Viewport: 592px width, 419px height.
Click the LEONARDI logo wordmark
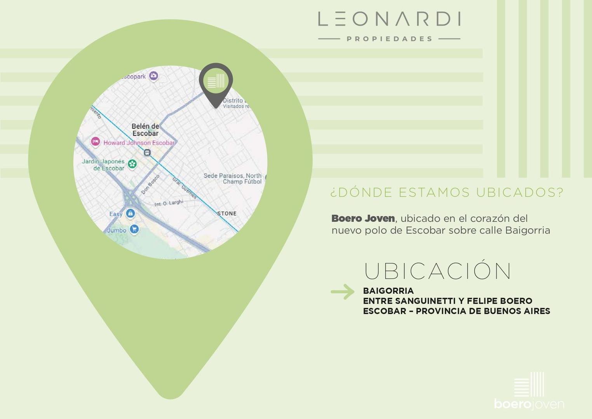tap(389, 19)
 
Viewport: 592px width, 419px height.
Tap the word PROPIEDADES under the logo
tap(389, 39)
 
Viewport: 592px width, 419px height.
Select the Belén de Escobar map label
tap(145, 130)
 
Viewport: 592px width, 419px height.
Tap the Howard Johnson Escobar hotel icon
tap(96, 142)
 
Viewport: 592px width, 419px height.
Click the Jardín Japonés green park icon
tap(132, 164)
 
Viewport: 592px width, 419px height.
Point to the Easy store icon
tap(130, 213)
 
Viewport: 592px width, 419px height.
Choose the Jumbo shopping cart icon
tap(134, 229)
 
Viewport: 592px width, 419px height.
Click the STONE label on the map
tap(227, 213)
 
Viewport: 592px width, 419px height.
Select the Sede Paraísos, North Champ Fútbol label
tap(233, 178)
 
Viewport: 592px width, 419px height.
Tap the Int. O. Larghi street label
tap(169, 203)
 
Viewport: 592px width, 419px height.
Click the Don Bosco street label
tap(150, 185)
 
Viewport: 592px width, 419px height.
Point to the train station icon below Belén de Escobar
tap(147, 152)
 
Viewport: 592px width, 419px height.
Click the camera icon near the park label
tap(154, 76)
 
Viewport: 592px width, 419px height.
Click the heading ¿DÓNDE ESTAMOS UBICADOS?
tap(447, 192)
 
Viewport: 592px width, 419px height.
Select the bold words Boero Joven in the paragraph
tap(363, 218)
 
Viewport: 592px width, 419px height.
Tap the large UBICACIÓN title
tap(437, 271)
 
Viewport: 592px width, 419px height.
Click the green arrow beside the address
tap(343, 292)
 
